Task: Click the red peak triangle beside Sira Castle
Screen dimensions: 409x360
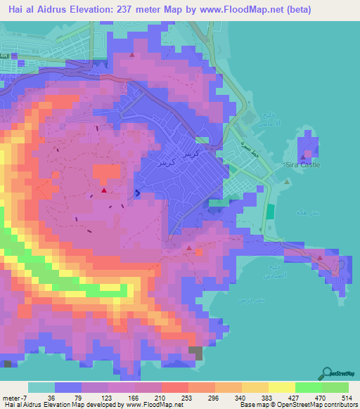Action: click(x=304, y=157)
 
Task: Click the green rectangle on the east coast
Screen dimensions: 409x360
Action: click(x=270, y=212)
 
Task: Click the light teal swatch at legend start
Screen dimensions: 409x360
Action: click(x=41, y=387)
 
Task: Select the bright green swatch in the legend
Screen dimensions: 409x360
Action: click(x=309, y=387)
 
